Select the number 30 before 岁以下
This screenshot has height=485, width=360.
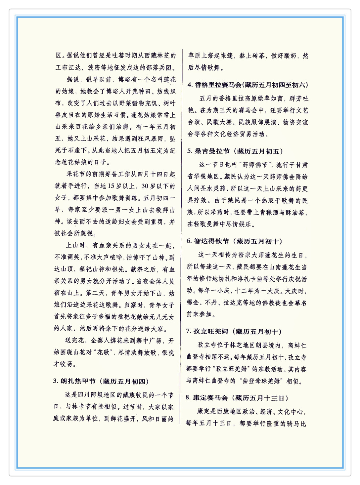pyautogui.click(x=145, y=186)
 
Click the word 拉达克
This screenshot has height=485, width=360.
pyautogui.click(x=232, y=303)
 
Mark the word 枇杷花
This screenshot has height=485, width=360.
pyautogui.click(x=127, y=317)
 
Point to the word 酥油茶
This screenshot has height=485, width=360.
pyautogui.click(x=294, y=212)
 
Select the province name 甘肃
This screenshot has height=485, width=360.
pyautogui.click(x=301, y=165)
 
